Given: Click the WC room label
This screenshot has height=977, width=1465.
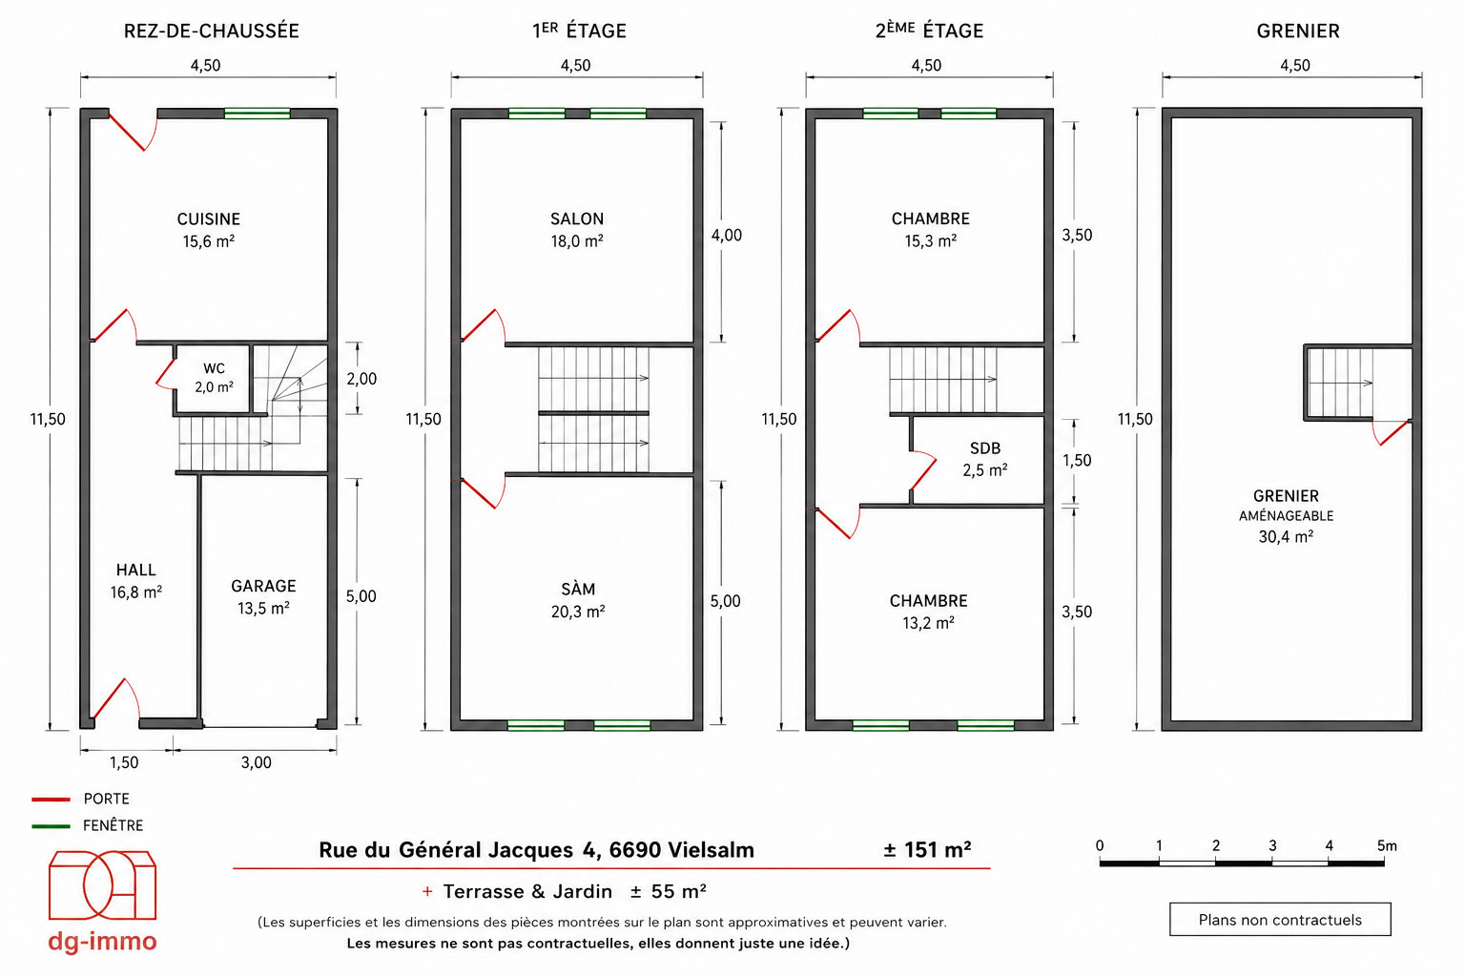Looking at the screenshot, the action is [x=214, y=368].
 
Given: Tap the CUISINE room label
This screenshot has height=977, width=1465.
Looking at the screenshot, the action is [x=209, y=218].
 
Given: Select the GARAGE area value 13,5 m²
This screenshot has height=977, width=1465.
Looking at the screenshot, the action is [x=263, y=609].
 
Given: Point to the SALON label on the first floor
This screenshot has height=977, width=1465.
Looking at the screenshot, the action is [x=577, y=218].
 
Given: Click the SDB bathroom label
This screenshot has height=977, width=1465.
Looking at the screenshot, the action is [x=985, y=448].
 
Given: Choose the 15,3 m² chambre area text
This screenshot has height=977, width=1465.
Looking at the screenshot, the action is [x=930, y=241].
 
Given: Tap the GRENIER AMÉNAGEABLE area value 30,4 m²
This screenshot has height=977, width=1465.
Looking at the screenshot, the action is [x=1286, y=536].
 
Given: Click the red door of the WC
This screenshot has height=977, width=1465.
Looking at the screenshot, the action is [x=165, y=375].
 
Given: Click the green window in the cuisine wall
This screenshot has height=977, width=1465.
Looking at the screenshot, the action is [x=257, y=114].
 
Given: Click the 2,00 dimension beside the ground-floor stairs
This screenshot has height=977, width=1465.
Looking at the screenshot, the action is [x=361, y=379].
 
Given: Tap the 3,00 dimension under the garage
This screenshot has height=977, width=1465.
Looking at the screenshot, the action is [x=256, y=762].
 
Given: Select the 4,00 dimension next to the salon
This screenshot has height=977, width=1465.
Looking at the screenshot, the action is [x=727, y=236].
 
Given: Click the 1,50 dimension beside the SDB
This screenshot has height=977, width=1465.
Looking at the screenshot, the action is [x=1077, y=461].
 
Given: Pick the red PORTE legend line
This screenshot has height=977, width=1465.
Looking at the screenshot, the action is [x=51, y=799].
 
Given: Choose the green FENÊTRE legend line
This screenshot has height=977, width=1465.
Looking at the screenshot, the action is [x=51, y=826].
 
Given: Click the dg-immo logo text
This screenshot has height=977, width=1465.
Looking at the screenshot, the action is [x=102, y=942].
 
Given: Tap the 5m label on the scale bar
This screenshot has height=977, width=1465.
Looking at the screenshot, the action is [x=1387, y=845].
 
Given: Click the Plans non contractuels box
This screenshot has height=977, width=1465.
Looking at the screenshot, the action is [x=1280, y=920].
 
